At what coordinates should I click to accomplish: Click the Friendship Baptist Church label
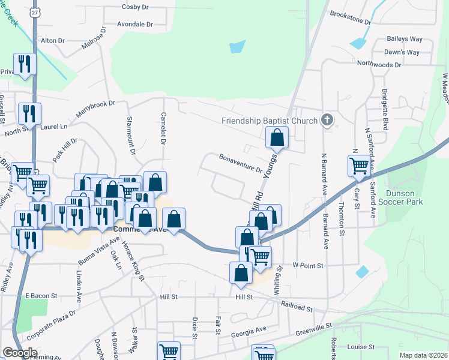[269, 121]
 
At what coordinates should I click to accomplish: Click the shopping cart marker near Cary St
[359, 165]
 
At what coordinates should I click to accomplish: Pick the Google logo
[19, 353]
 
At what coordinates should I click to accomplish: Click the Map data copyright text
[423, 355]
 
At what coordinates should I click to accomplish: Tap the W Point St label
[308, 265]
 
